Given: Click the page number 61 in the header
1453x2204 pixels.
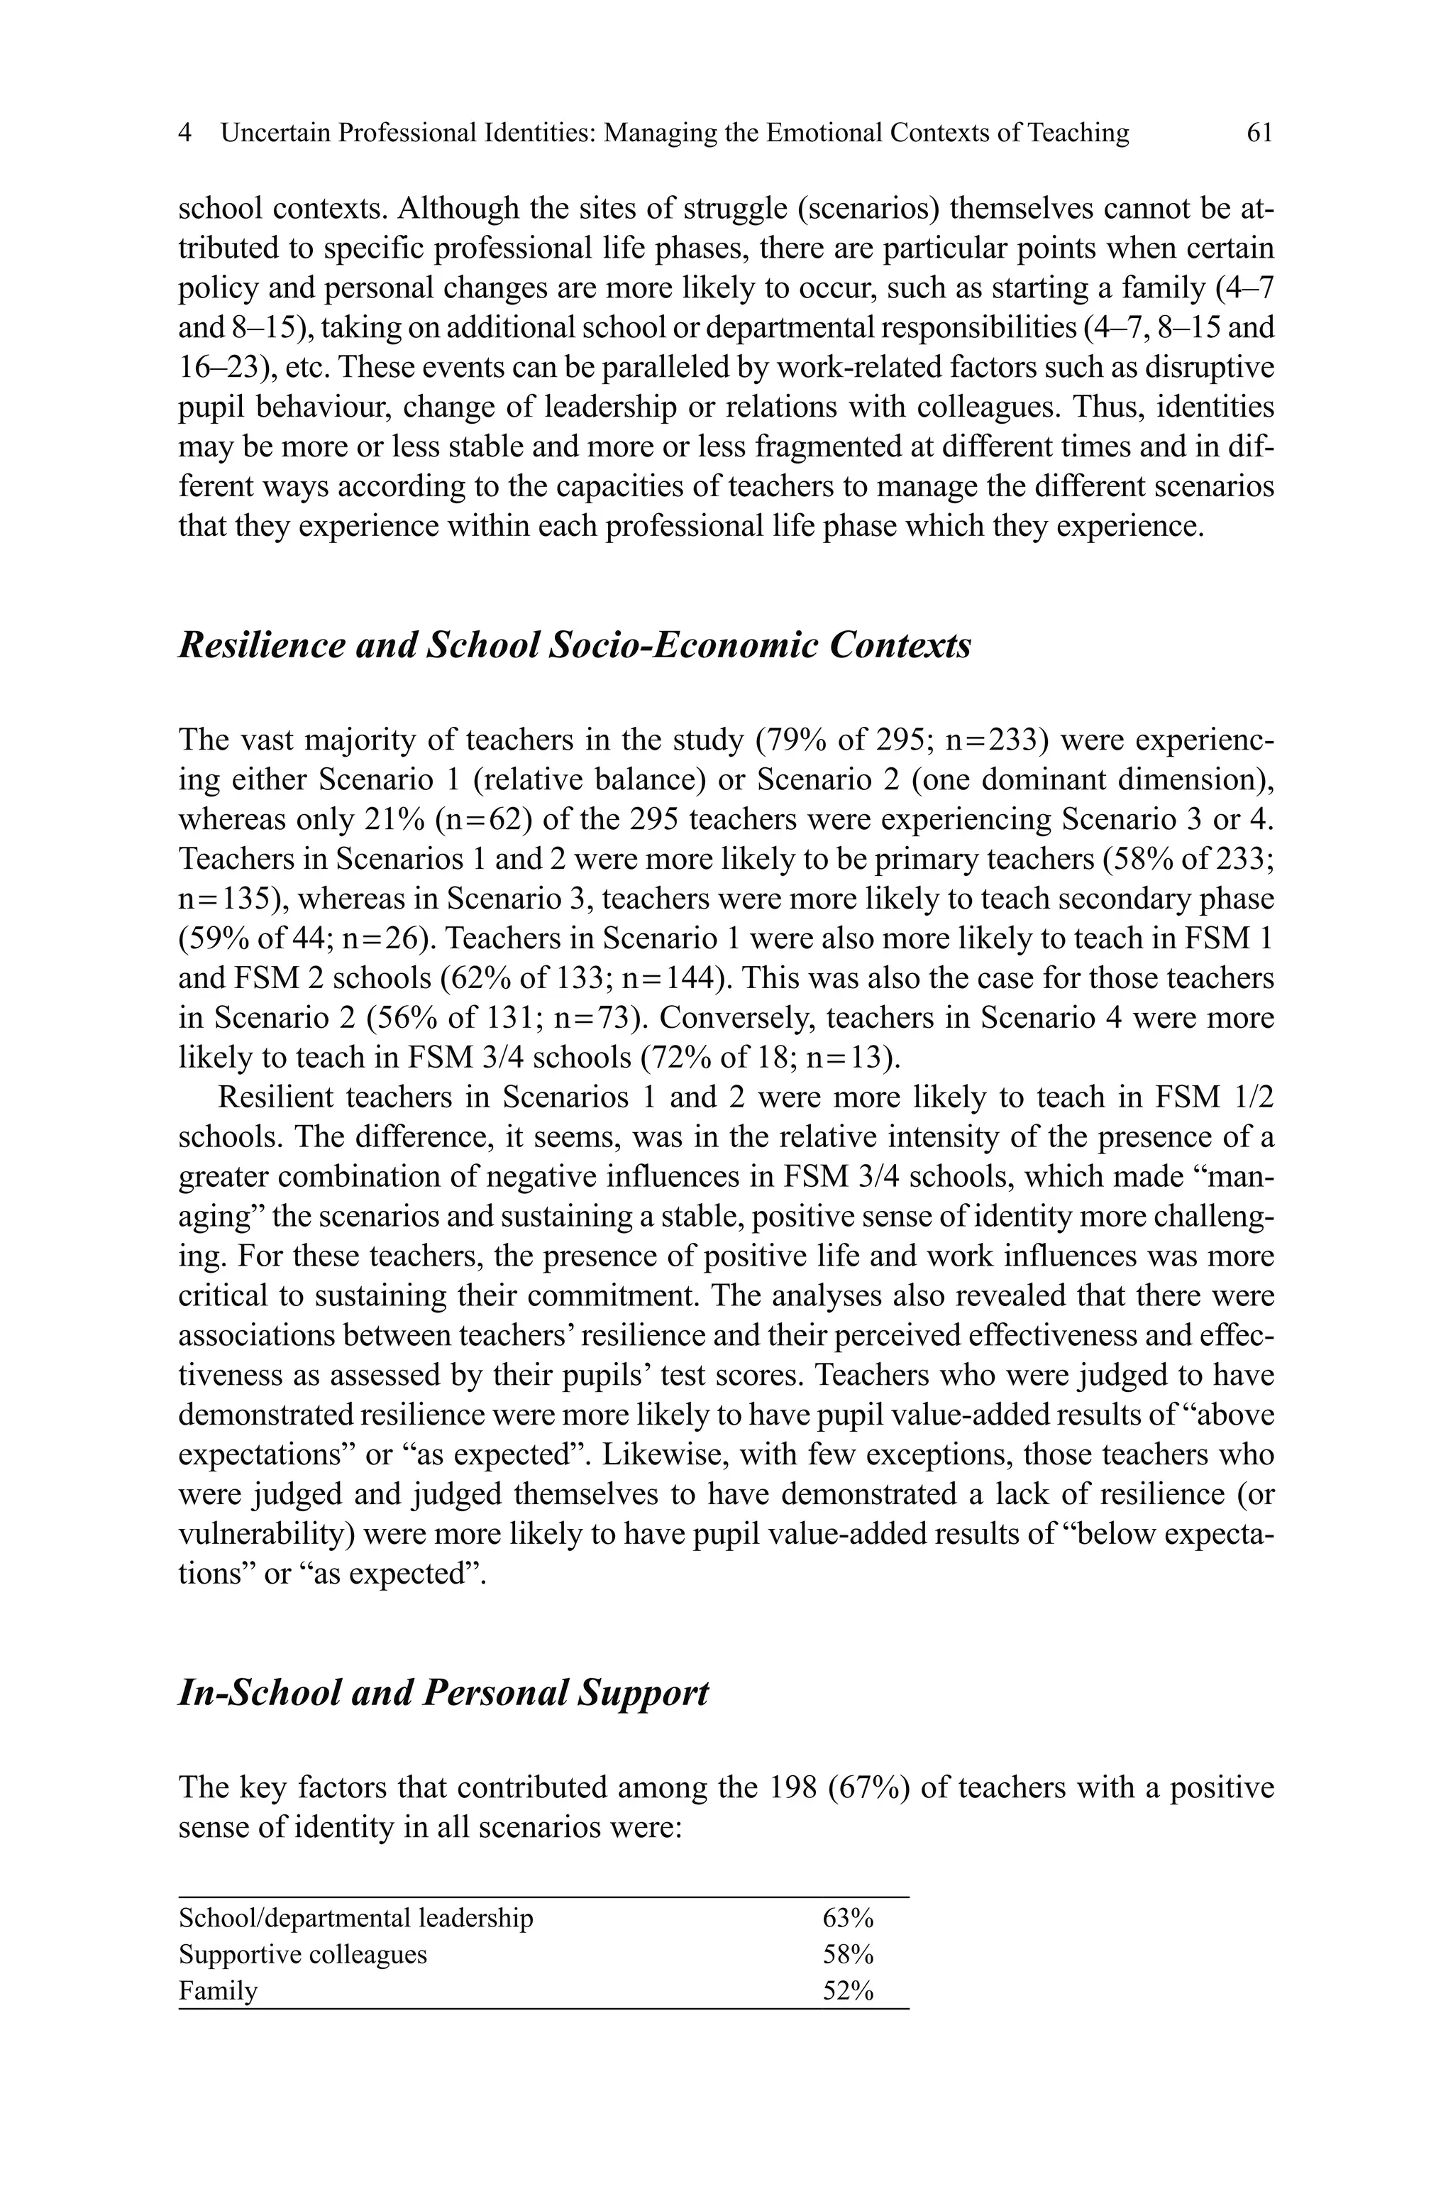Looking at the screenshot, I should click(x=1259, y=133).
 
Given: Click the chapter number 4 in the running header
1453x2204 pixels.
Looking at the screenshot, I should click(x=185, y=133).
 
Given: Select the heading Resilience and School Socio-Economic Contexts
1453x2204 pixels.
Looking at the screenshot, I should click(x=575, y=645).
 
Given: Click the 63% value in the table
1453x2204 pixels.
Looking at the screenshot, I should click(x=848, y=1918).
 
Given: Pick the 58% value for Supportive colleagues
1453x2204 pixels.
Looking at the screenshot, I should click(x=848, y=1955).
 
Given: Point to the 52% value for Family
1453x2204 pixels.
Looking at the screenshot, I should click(x=848, y=1991).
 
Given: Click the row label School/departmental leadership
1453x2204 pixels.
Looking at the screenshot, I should click(x=356, y=1918).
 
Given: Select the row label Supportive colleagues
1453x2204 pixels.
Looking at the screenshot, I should click(x=303, y=1955).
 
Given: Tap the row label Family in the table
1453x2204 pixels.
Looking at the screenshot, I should click(x=218, y=1991).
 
